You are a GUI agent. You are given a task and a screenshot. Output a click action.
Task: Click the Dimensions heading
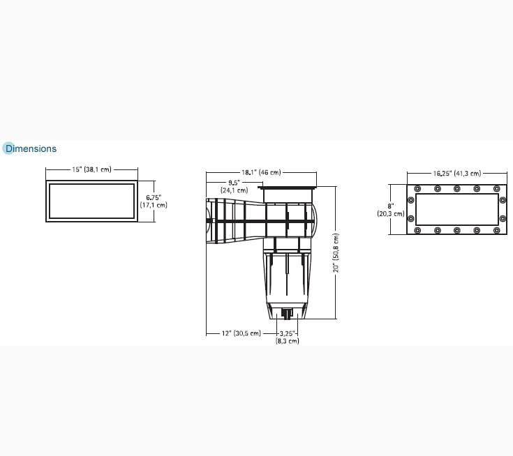(31, 149)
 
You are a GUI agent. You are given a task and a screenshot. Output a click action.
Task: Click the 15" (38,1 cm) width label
(91, 169)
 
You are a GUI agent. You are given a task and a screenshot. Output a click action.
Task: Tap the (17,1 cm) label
(154, 205)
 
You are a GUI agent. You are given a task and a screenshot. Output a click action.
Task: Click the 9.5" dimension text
(234, 183)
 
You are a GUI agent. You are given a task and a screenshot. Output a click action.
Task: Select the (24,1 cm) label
(234, 190)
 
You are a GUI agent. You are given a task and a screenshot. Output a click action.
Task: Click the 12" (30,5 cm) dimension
(241, 333)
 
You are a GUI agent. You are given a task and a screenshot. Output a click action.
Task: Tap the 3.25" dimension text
(288, 333)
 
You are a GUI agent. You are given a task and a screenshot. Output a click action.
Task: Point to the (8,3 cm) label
(288, 341)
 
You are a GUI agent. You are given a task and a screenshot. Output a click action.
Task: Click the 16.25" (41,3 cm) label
(456, 173)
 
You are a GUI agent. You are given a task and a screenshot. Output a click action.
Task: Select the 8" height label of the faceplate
(390, 206)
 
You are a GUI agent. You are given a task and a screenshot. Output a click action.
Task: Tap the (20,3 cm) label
(390, 213)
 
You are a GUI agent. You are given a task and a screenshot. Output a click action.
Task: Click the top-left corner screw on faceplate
(417, 188)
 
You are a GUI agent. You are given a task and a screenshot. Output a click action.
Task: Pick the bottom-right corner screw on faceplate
(496, 230)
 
